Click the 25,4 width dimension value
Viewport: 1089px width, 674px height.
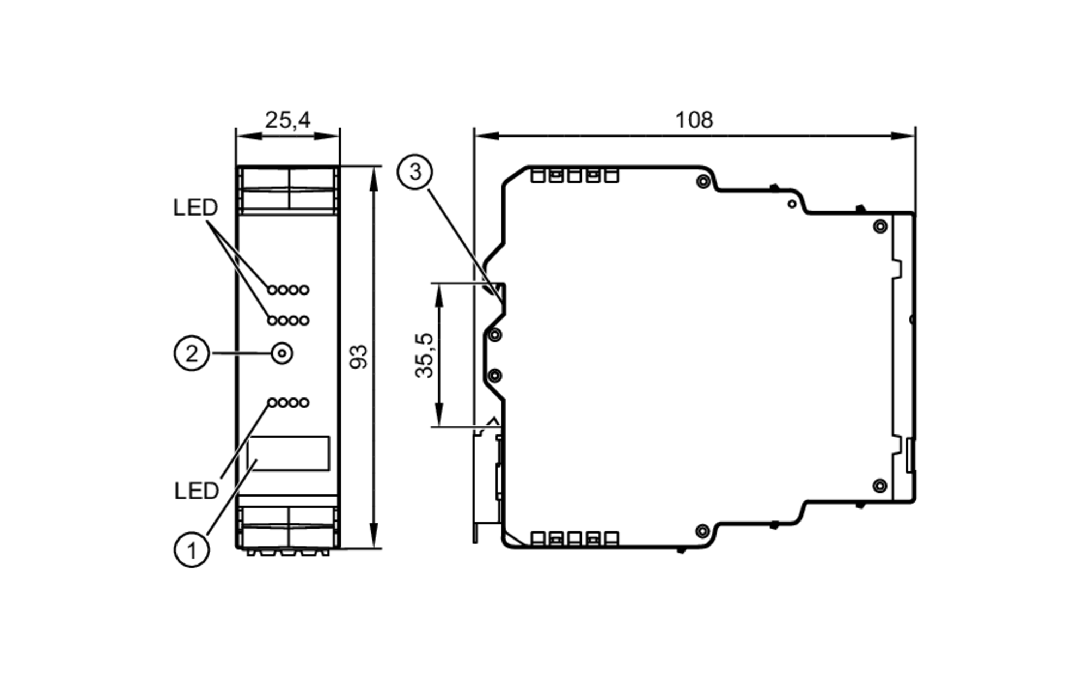(287, 120)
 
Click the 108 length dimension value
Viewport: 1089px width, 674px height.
(694, 120)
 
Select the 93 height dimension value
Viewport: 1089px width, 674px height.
(358, 357)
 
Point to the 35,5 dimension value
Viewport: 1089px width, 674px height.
(424, 355)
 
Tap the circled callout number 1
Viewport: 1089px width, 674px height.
(192, 550)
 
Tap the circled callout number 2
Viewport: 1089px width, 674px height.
(192, 354)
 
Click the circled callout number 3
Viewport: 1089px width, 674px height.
(415, 172)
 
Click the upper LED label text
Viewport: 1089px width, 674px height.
(195, 207)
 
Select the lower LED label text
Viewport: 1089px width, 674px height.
(196, 491)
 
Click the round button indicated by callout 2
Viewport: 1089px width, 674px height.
(282, 354)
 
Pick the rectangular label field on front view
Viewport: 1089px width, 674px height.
(288, 453)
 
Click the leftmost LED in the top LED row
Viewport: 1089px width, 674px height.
(272, 290)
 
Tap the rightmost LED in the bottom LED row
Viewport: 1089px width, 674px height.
(304, 402)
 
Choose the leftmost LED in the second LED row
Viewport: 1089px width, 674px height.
(272, 320)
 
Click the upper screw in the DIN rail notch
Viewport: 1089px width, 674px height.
(495, 334)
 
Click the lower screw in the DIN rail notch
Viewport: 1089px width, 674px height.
(495, 376)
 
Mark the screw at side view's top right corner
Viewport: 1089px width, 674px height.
(880, 226)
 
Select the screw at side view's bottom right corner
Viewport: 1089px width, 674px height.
(880, 486)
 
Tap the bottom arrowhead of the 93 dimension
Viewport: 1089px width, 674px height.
(374, 539)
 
